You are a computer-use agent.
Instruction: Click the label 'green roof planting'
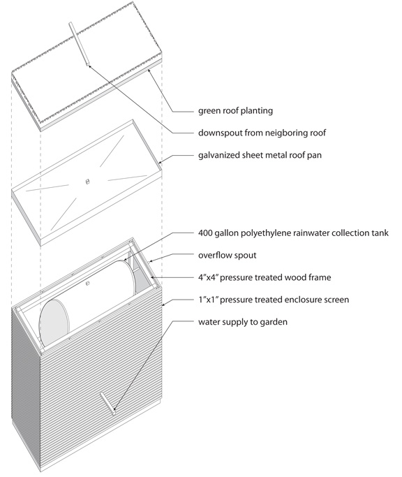click(x=235, y=110)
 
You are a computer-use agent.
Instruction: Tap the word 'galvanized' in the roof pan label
click(x=218, y=155)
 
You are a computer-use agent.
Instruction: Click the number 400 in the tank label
click(x=205, y=233)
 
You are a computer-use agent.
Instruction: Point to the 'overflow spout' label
click(x=227, y=255)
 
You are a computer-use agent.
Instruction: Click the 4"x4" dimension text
click(x=208, y=277)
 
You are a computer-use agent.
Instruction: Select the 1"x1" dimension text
click(x=208, y=300)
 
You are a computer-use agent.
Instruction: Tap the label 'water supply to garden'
click(x=243, y=322)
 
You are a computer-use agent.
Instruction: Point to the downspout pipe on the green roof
click(x=79, y=43)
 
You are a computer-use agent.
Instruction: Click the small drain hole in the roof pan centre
click(x=87, y=182)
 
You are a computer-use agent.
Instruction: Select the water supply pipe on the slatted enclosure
click(x=107, y=404)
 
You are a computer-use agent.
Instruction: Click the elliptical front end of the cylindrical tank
click(x=54, y=323)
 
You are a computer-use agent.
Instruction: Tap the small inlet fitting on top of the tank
click(x=87, y=284)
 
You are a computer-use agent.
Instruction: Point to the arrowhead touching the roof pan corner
click(x=161, y=163)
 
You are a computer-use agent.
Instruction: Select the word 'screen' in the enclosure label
click(x=336, y=300)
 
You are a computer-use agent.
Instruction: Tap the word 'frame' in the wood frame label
click(x=318, y=277)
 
